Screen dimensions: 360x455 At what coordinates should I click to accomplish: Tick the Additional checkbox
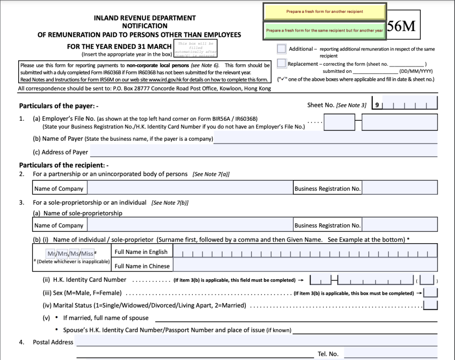(281, 48)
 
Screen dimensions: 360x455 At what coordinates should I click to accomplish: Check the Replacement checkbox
(281, 63)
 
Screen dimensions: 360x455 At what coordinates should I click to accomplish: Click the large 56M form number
(401, 27)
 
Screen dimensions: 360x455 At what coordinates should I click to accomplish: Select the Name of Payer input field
(326, 138)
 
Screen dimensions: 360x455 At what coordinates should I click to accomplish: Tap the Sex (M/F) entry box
(431, 293)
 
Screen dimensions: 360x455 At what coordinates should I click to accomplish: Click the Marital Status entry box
(431, 305)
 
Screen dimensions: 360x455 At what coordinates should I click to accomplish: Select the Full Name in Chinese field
(305, 265)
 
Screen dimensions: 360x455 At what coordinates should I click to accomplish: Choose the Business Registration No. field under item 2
(400, 188)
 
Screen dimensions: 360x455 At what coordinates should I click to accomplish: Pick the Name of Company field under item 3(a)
(190, 225)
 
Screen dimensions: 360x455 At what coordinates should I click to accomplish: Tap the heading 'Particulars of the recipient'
(64, 165)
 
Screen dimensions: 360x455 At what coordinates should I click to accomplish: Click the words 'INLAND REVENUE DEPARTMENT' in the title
(145, 18)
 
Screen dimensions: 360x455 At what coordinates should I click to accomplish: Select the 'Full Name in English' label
(141, 252)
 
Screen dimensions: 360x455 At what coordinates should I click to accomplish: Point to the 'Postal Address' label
(53, 342)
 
